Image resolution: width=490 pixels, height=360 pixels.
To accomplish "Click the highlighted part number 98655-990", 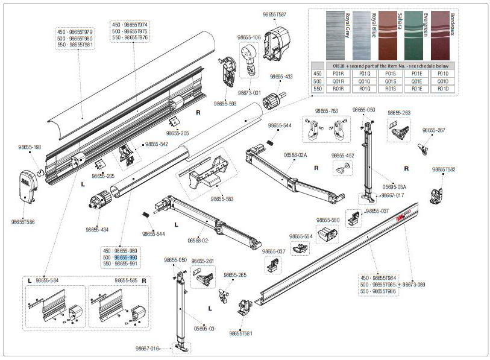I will [126, 257].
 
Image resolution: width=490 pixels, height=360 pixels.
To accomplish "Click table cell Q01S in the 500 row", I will [391, 81].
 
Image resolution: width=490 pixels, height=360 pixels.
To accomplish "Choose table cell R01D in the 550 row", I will [443, 89].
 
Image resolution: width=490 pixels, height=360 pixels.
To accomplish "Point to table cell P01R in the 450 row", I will [338, 73].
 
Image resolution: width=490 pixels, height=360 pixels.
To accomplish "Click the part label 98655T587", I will [275, 14].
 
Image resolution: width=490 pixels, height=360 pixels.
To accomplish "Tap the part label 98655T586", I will [23, 221].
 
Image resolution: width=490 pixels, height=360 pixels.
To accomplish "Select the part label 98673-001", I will [249, 93].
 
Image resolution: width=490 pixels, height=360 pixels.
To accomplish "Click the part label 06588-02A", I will [295, 155].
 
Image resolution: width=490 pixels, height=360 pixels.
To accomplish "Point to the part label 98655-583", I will [222, 198].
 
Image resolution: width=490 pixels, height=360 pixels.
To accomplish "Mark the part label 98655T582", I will [444, 170].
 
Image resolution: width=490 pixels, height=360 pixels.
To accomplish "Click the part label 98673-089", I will [414, 284].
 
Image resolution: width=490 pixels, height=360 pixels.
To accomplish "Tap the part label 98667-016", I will [148, 348].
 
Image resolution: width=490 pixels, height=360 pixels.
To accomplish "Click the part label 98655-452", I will [342, 155].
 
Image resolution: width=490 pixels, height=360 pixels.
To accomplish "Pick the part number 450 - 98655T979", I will [75, 31].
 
